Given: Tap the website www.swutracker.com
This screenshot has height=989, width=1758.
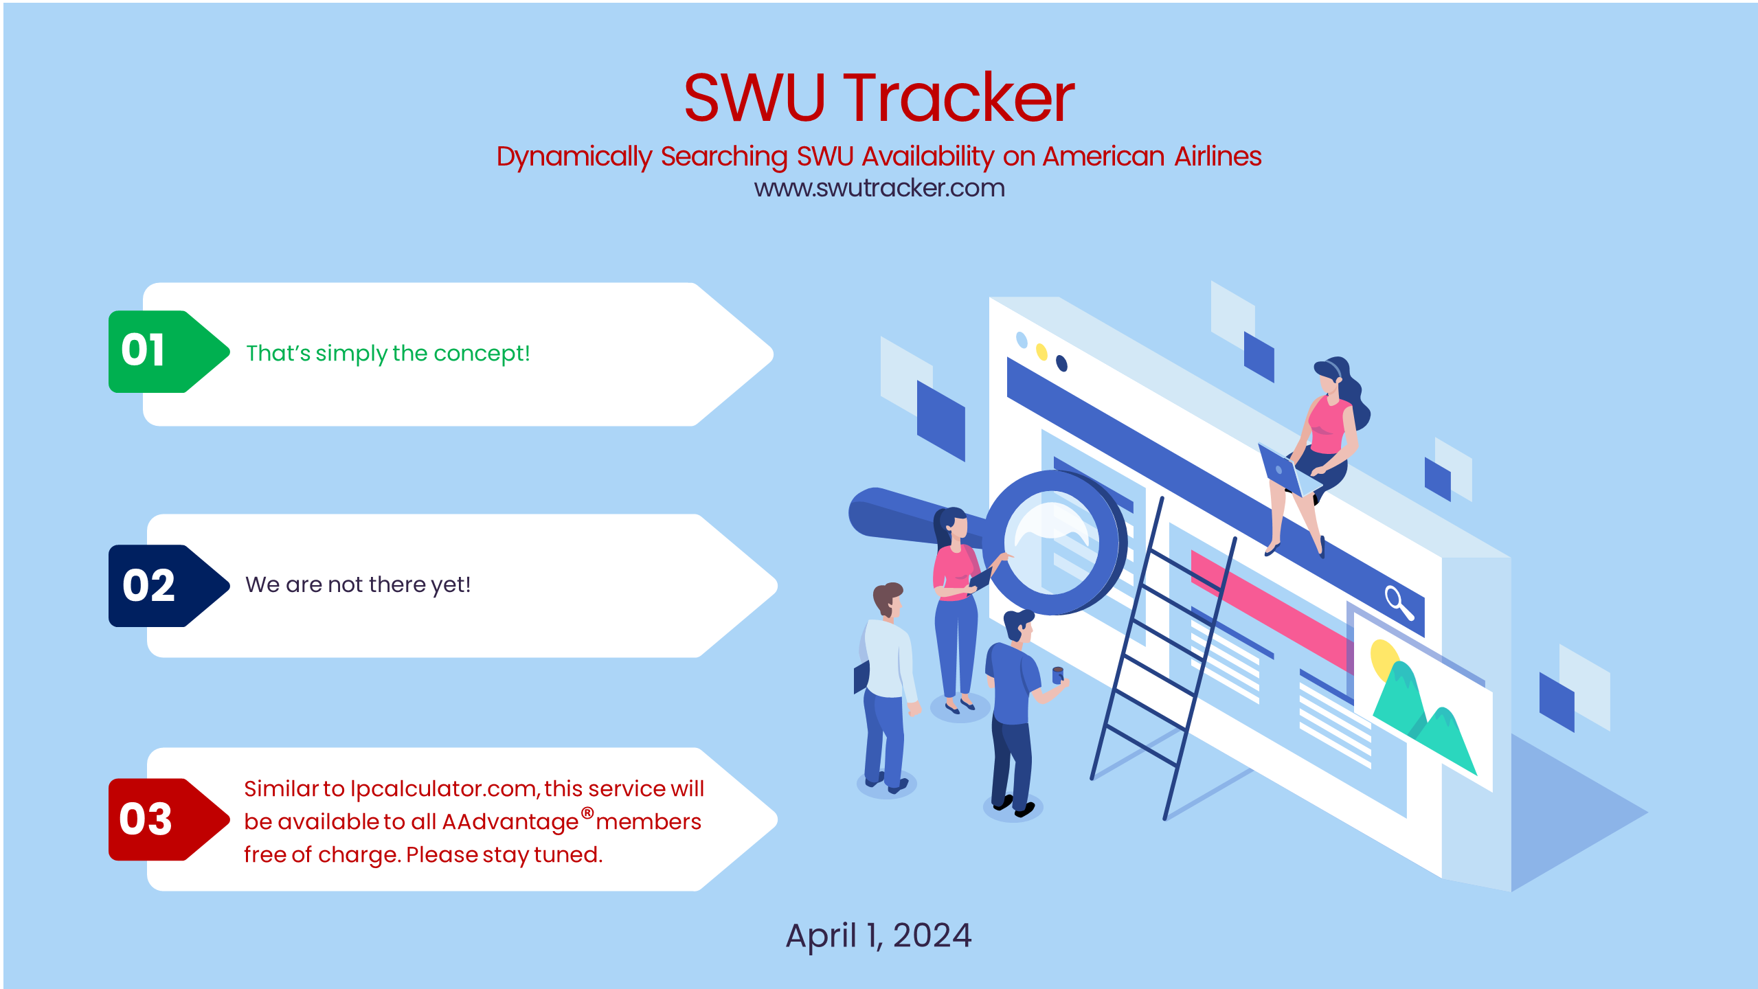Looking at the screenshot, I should [879, 188].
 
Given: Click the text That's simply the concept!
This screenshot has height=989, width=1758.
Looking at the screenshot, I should [387, 353].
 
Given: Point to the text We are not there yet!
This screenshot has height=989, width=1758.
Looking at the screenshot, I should [357, 584].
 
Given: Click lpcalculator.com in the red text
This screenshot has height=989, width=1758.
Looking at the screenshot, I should [443, 788].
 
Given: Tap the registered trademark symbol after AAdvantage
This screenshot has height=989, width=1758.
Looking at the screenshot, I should [587, 813].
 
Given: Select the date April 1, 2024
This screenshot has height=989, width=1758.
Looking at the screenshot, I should [878, 935].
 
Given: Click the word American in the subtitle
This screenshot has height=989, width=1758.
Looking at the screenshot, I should [1103, 157].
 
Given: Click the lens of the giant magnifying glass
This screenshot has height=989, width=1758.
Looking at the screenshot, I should [1051, 543].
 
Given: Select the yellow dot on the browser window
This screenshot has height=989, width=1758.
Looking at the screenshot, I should [1041, 352].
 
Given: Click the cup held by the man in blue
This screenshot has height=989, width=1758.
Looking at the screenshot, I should [1058, 674].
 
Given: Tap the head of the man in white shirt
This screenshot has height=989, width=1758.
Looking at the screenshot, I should [888, 598].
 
